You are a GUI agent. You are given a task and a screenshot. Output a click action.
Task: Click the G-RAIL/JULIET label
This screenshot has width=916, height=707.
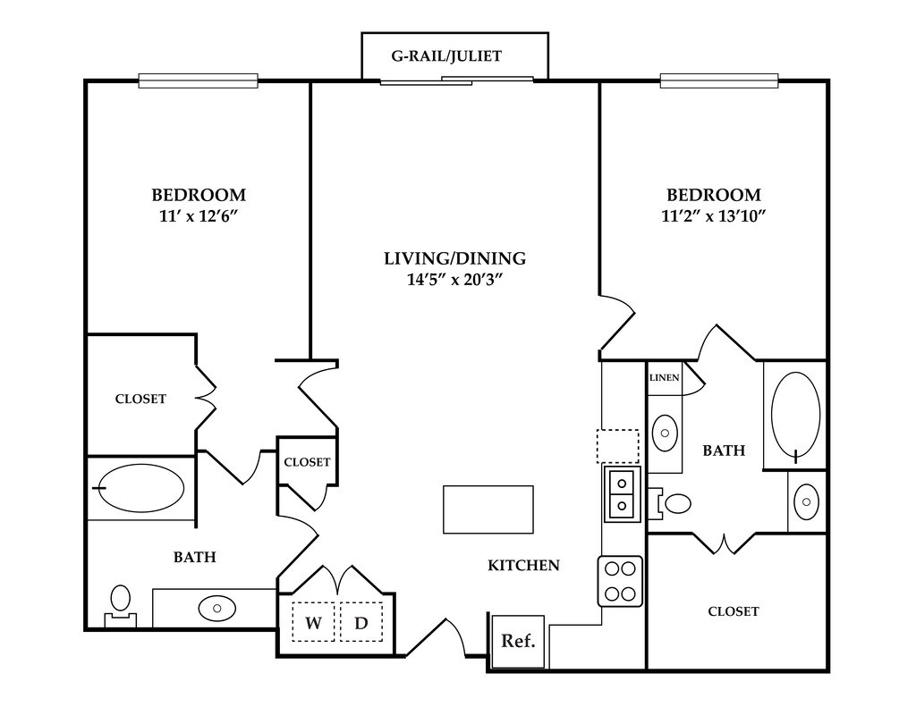click(446, 56)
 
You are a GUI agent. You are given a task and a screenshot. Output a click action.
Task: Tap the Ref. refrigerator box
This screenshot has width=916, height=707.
click(518, 641)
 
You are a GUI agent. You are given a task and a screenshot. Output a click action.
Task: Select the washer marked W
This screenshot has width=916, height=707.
click(313, 622)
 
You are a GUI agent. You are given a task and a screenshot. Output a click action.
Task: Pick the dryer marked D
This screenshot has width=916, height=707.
click(361, 622)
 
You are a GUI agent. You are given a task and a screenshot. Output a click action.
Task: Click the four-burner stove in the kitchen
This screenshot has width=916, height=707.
click(620, 581)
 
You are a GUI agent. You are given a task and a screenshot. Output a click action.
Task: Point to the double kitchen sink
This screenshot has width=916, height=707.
click(622, 494)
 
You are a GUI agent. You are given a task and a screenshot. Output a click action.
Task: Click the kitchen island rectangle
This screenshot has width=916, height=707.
click(488, 509)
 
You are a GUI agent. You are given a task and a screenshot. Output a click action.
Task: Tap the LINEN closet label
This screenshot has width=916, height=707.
click(665, 378)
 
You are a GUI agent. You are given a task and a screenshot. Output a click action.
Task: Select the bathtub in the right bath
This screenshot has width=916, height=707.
click(795, 414)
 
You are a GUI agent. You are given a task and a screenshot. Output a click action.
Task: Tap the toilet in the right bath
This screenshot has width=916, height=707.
click(672, 502)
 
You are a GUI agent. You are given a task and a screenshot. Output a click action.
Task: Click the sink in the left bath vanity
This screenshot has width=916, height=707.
click(216, 609)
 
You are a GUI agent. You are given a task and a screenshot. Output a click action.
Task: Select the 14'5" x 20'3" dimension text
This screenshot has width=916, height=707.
click(455, 280)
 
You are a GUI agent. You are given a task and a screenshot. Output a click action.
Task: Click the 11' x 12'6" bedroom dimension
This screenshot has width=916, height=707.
click(199, 216)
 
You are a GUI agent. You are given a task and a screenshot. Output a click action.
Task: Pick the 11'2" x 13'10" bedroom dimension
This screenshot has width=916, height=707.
click(713, 216)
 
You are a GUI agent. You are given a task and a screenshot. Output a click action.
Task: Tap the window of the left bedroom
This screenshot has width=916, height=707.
click(198, 80)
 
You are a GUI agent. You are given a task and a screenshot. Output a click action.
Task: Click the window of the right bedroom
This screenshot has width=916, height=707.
click(719, 80)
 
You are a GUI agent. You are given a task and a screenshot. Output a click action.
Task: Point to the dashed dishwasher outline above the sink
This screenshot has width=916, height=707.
click(617, 446)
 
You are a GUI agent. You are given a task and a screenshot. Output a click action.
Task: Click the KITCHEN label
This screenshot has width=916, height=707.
click(523, 565)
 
